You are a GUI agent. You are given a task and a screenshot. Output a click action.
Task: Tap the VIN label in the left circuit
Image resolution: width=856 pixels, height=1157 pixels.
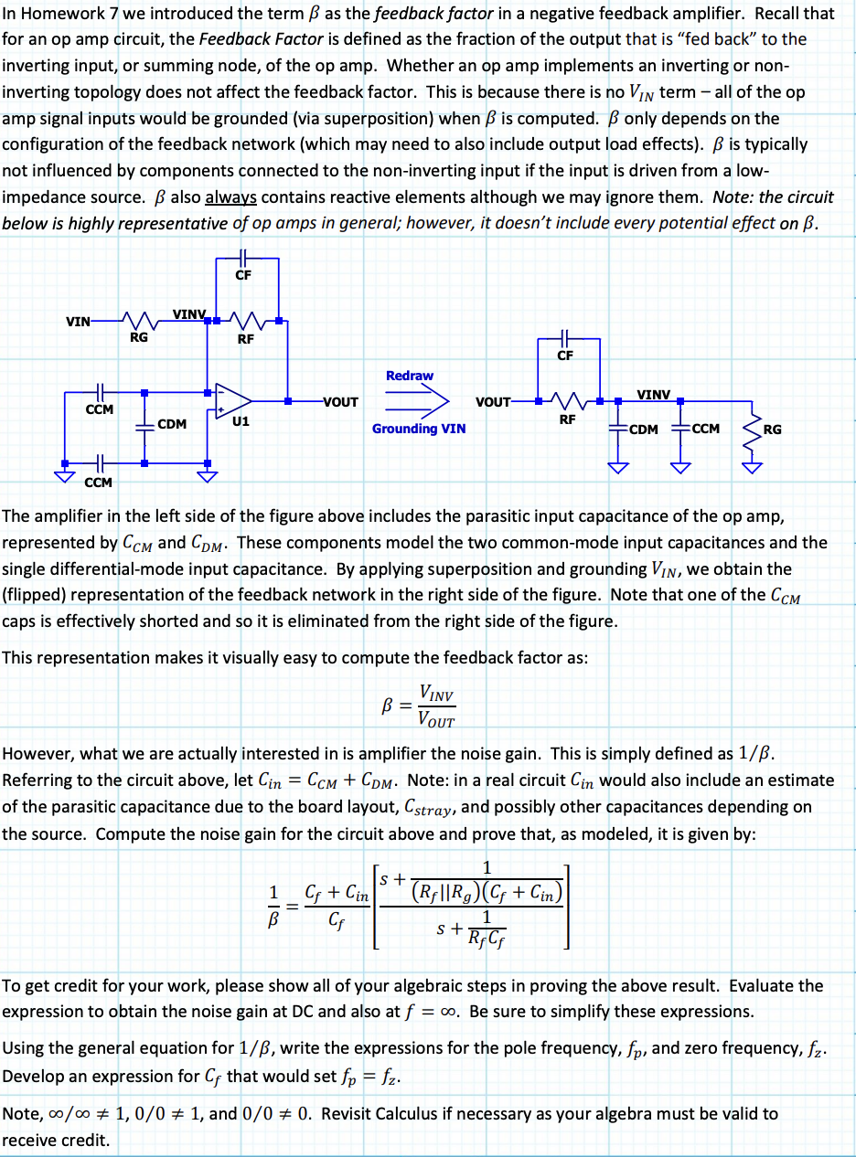[x=78, y=321]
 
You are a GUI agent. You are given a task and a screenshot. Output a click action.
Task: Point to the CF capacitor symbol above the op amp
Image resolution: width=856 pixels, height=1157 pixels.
[x=242, y=258]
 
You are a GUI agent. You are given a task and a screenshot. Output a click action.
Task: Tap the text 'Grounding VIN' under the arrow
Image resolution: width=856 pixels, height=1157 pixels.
[x=418, y=428]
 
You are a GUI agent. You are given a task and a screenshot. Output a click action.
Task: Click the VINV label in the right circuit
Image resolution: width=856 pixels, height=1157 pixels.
[x=653, y=394]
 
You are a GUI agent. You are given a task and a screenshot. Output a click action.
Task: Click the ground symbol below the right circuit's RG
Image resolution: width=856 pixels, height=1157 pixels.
[x=752, y=468]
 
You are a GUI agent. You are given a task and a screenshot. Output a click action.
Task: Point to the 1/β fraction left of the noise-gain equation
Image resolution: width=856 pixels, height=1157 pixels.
[x=272, y=904]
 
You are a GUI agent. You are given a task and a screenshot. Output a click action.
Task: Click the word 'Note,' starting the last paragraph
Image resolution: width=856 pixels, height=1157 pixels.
[x=22, y=1114]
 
